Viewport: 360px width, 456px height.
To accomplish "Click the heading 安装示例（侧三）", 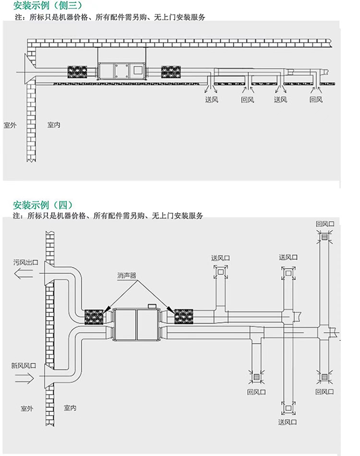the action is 48,5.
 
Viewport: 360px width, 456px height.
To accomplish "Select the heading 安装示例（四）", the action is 43,205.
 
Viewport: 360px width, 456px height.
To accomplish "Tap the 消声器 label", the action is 127,275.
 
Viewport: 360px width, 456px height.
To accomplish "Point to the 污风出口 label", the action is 26,262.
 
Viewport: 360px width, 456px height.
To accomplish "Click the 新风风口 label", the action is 24,365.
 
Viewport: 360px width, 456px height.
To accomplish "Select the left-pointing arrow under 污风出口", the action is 24,274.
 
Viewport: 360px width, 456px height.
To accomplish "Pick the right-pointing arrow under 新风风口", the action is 25,378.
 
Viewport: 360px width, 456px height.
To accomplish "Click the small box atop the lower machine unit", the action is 152,306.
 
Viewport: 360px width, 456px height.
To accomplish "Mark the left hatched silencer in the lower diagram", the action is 94,317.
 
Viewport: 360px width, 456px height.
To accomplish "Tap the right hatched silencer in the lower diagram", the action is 184,316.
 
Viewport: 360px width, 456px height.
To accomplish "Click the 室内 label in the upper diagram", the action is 54,125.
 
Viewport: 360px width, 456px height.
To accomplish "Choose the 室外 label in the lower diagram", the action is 27,408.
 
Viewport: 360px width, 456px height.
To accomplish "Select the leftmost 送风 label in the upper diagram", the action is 211,100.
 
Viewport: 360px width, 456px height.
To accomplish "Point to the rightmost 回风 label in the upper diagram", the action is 316,100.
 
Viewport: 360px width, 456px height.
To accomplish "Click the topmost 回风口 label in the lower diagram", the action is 325,224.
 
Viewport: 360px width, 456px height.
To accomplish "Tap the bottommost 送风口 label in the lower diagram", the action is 288,422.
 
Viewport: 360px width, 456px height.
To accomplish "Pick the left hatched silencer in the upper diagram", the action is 77,72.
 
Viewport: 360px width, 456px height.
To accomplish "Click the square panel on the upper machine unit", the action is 138,70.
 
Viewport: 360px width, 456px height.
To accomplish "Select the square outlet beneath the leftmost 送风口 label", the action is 221,272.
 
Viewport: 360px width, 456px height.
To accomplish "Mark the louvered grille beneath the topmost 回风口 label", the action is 324,237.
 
